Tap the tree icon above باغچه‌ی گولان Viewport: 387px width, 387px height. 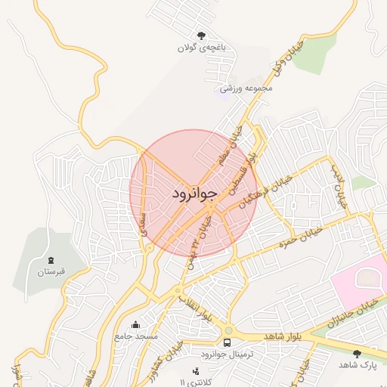coord(202,36)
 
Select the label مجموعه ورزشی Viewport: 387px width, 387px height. coord(246,88)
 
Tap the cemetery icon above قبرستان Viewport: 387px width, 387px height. coord(51,259)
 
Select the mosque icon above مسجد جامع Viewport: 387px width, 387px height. coord(135,325)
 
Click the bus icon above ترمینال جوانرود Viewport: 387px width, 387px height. coord(228,343)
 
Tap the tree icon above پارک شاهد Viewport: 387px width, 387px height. coord(358,353)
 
